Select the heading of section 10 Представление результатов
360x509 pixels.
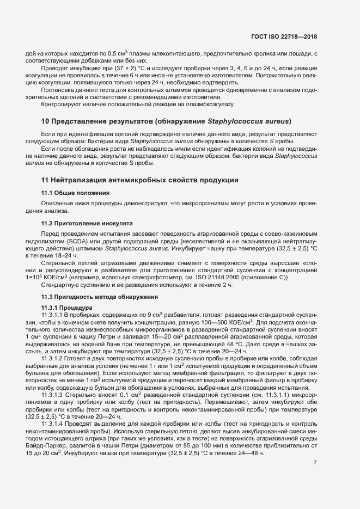click(x=167, y=121)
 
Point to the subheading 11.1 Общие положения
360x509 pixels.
click(x=76, y=193)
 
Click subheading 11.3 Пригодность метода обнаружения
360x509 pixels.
click(x=100, y=297)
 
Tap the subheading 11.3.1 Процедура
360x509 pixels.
click(x=68, y=308)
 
